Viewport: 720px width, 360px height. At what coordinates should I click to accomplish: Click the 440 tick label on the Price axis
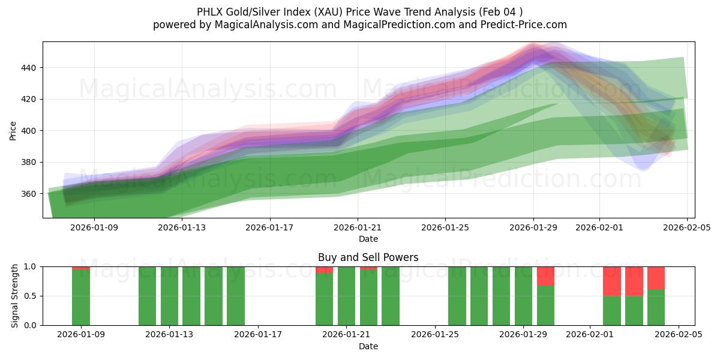pyautogui.click(x=29, y=68)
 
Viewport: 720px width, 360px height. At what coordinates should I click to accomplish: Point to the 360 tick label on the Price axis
pyautogui.click(x=29, y=194)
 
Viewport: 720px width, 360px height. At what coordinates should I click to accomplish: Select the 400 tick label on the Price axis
pyautogui.click(x=29, y=131)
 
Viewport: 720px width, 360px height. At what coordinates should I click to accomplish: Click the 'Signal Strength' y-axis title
pyautogui.click(x=15, y=296)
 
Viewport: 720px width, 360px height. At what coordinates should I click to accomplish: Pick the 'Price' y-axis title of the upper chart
pyautogui.click(x=13, y=130)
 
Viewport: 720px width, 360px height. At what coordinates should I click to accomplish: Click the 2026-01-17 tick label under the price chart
pyautogui.click(x=269, y=227)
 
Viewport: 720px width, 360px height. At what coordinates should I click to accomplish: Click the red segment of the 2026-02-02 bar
pyautogui.click(x=611, y=281)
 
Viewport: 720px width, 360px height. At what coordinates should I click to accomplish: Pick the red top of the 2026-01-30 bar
pyautogui.click(x=545, y=276)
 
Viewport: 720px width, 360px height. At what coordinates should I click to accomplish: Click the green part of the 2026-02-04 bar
pyautogui.click(x=656, y=307)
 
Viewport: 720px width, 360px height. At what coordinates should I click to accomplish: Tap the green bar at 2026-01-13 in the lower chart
pyautogui.click(x=169, y=296)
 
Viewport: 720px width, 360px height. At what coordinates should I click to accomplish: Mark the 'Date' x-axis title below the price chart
pyautogui.click(x=368, y=239)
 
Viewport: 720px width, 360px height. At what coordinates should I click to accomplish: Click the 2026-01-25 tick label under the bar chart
pyautogui.click(x=434, y=335)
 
